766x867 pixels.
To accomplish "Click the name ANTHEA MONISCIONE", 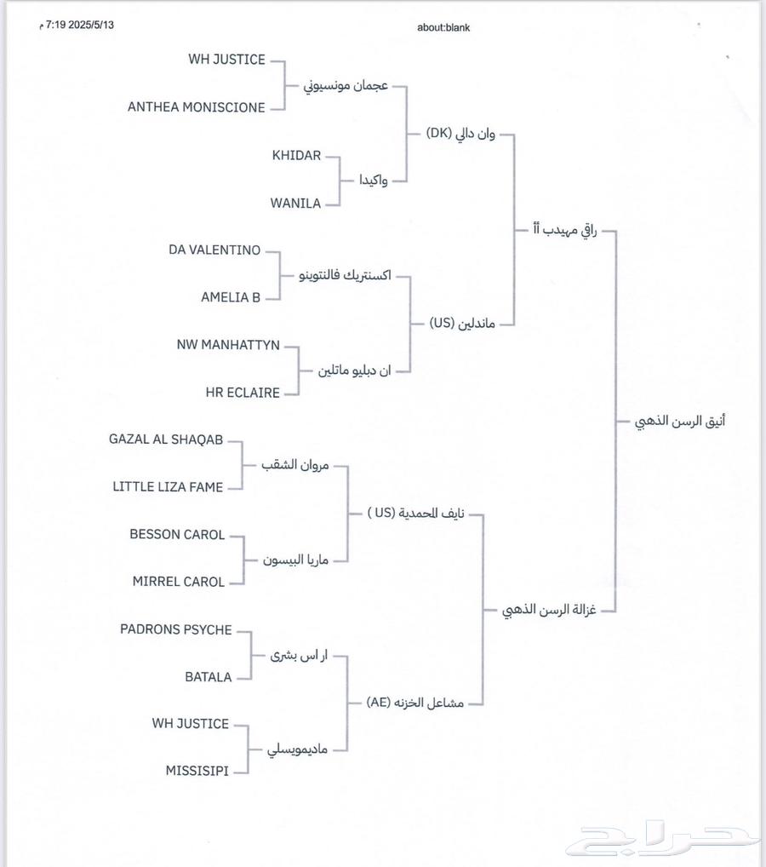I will (196, 107).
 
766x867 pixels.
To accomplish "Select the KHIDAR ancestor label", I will (296, 156).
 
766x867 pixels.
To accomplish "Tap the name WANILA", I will (295, 204).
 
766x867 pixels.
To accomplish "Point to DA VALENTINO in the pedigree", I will (214, 250).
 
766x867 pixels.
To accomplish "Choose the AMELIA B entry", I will (231, 298).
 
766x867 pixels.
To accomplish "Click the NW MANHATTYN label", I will (227, 345).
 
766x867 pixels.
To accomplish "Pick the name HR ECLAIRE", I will (243, 393).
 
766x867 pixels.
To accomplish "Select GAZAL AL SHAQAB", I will (166, 439).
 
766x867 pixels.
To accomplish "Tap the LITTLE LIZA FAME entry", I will (168, 487).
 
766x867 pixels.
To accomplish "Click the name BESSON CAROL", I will (177, 535).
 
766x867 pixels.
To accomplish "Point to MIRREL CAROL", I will (178, 582).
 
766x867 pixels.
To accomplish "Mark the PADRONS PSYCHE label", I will (175, 629).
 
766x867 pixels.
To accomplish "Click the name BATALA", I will (208, 677).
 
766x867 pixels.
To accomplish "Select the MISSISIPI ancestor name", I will (197, 771).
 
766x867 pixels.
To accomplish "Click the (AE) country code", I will (379, 703).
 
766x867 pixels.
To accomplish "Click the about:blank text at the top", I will (443, 27).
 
